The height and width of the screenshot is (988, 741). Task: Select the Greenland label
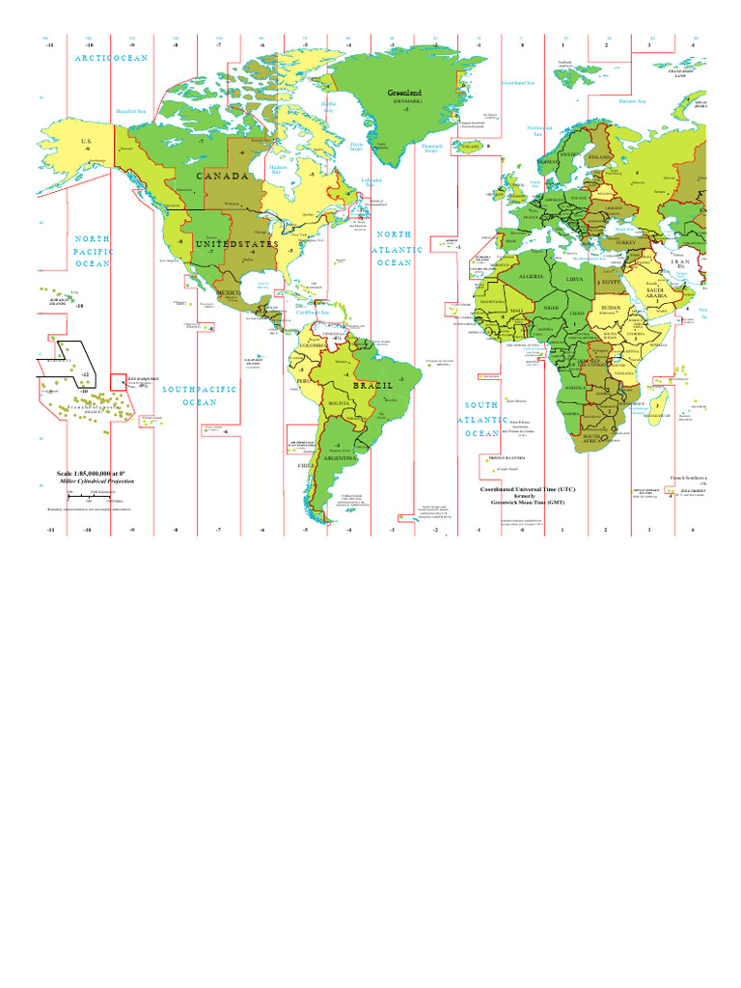[404, 93]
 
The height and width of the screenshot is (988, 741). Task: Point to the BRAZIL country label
[373, 385]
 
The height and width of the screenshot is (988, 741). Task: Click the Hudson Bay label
[278, 169]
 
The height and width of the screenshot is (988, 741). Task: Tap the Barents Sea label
[633, 100]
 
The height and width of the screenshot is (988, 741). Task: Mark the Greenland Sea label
[517, 82]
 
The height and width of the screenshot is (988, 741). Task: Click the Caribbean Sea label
[313, 312]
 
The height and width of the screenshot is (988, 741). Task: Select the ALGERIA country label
[532, 277]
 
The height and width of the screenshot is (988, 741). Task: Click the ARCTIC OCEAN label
[112, 59]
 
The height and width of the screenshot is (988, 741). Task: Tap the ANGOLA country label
[575, 388]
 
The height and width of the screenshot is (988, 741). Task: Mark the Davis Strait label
[356, 147]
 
